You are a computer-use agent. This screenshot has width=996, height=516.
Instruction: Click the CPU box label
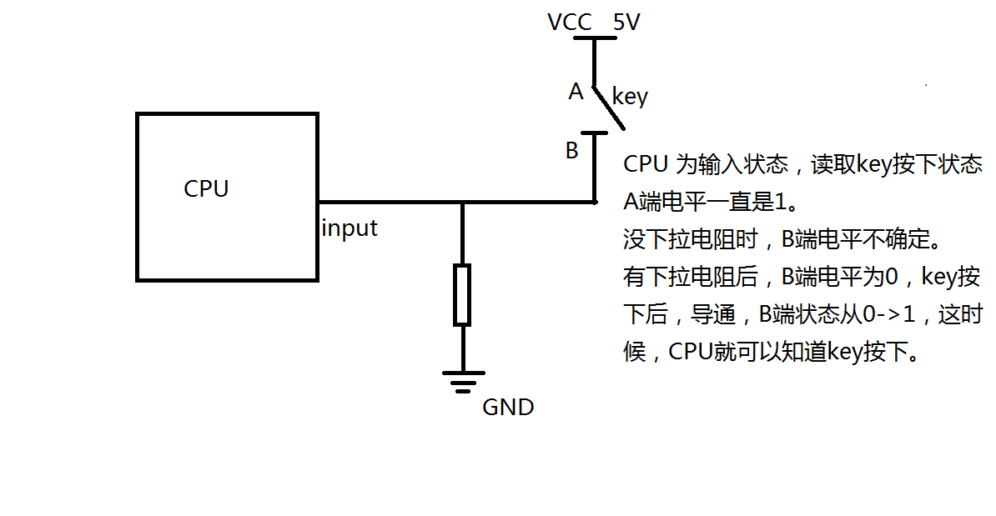pos(206,189)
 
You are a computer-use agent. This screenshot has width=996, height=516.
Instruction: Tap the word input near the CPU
pos(350,228)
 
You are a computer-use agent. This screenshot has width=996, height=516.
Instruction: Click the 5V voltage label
pos(626,23)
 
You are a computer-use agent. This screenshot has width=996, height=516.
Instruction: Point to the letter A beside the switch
pos(576,93)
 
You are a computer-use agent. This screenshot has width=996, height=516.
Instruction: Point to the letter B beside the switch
pos(572,152)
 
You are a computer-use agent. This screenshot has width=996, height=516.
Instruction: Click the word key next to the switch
pos(630,97)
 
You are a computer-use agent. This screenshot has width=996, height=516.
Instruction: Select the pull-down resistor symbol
pos(462,294)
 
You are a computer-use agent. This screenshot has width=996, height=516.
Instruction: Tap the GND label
pos(508,408)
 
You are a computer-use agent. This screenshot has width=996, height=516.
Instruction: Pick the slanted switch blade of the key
pos(609,108)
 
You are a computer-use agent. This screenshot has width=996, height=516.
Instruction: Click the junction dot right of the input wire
pos(595,202)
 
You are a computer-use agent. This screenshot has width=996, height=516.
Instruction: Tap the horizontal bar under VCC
pos(594,38)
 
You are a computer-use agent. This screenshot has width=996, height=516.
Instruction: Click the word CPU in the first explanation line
pos(646,164)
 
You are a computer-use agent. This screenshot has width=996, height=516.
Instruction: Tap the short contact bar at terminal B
pos(594,133)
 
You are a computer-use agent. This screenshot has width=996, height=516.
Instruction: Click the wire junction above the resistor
pos(462,202)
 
